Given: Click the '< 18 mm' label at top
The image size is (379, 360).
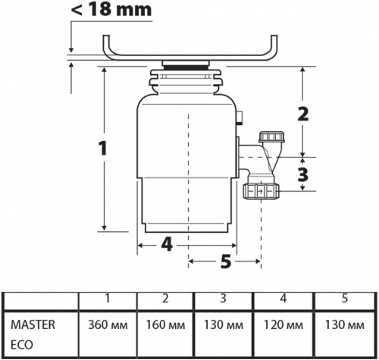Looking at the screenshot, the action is (111, 10).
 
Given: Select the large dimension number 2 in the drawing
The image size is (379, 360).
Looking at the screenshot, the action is (303, 114).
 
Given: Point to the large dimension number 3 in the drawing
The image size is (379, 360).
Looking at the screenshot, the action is (303, 174).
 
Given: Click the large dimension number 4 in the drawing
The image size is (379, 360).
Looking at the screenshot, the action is (167, 244).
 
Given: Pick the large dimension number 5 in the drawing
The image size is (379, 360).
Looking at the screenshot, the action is (226, 261).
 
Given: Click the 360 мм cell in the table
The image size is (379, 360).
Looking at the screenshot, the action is (108, 325).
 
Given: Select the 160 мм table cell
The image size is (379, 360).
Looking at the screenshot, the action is (165, 325).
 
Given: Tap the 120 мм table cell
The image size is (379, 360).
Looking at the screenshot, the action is (283, 325).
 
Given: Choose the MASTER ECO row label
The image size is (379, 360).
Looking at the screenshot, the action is (33, 334).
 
